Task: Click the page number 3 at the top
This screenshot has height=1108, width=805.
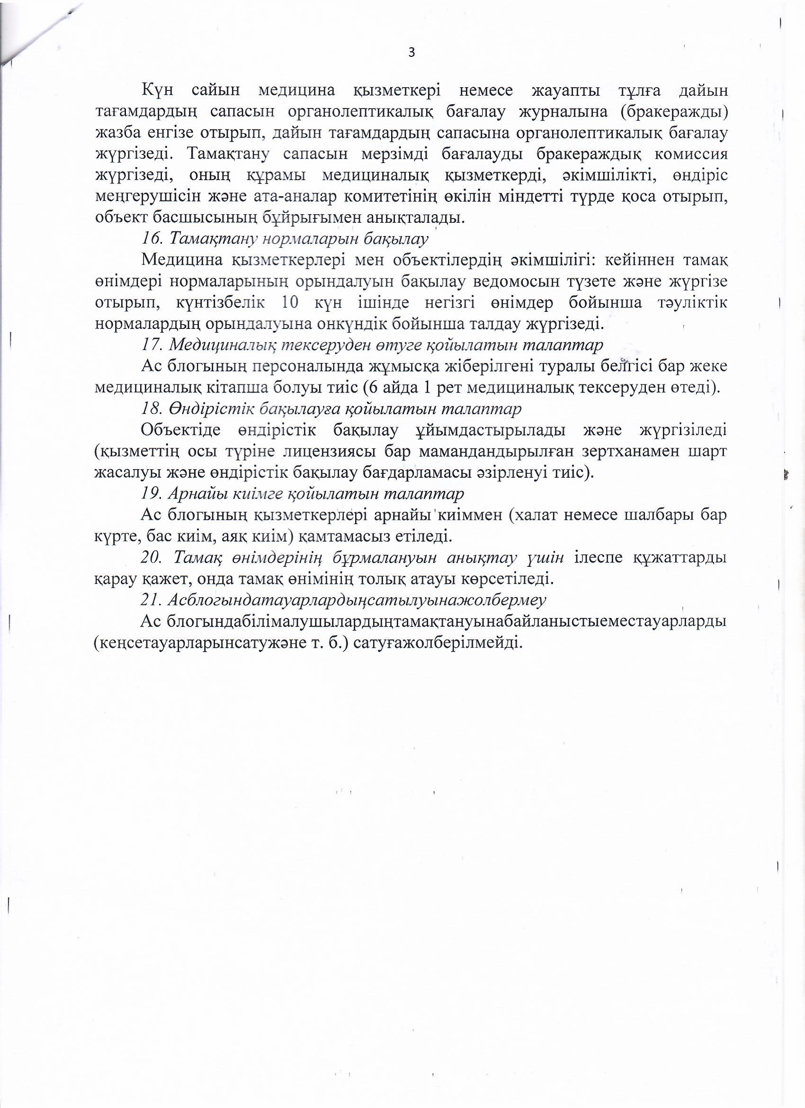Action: (x=411, y=52)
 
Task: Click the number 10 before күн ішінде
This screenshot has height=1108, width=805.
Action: (x=290, y=303)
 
